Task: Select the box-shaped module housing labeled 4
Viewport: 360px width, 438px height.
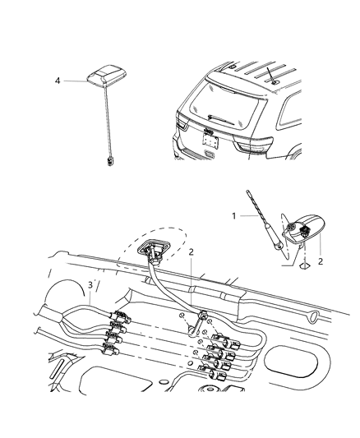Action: click(107, 76)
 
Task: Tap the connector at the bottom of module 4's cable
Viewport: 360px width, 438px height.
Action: click(109, 162)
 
